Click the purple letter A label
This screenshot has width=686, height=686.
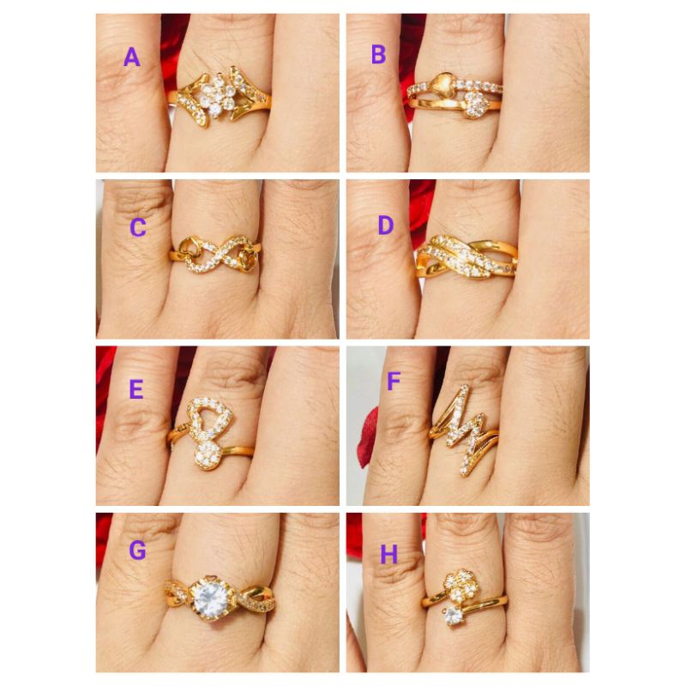click(131, 57)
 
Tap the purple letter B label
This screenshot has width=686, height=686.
click(378, 56)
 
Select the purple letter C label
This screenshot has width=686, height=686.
click(138, 227)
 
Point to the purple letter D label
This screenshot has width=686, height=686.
click(386, 226)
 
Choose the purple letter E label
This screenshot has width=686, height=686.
click(135, 389)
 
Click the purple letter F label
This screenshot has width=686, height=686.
click(394, 381)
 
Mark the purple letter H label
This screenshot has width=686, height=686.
click(389, 555)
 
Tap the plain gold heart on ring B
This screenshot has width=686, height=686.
click(447, 82)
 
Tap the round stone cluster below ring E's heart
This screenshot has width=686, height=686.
click(208, 456)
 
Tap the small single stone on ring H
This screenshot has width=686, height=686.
click(450, 614)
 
